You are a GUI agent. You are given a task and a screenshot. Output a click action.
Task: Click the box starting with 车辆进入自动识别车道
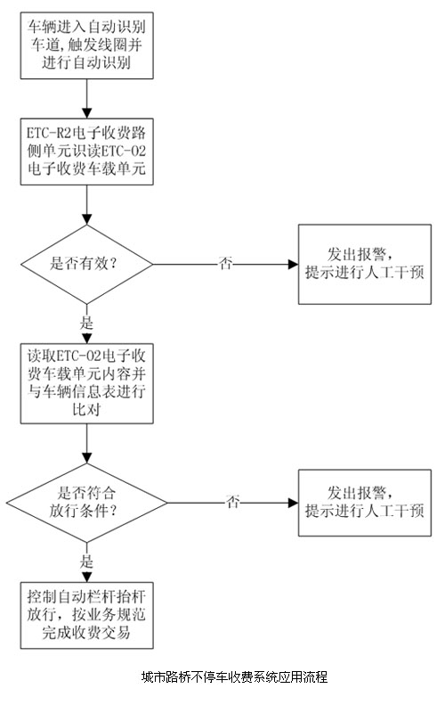point(86,45)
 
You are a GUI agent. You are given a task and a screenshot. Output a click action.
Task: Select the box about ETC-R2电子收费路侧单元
point(86,152)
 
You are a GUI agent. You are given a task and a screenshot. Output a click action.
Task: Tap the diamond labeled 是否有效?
point(86,265)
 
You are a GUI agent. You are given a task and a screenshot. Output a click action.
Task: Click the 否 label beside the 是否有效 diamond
point(225,264)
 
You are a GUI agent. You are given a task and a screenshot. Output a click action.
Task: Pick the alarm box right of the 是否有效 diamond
point(365,265)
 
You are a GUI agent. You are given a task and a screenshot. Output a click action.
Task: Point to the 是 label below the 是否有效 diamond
point(86,323)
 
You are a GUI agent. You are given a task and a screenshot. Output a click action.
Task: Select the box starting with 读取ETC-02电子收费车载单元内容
point(86,383)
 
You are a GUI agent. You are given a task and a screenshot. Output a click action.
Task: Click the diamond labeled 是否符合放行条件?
point(86,503)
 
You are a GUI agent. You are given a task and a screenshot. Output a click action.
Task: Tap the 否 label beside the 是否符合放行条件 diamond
point(232,502)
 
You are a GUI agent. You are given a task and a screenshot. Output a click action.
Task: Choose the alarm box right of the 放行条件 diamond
point(365,503)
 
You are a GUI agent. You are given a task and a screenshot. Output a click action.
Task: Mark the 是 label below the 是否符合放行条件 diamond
point(86,562)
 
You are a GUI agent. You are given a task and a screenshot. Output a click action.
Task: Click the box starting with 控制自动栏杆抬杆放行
point(86,615)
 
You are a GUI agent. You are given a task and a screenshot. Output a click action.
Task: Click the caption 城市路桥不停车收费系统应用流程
point(234,676)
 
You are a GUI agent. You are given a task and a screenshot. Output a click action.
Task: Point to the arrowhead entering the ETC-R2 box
point(86,113)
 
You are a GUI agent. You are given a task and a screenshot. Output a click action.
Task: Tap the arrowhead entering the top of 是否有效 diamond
point(86,219)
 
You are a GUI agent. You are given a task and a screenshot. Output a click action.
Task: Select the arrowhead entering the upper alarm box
point(293,265)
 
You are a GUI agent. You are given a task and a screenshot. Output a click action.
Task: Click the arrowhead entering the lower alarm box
point(293,503)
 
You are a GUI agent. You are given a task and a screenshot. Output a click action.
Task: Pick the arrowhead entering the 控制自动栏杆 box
point(86,578)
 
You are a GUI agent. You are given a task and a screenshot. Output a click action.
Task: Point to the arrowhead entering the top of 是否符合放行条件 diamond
point(86,458)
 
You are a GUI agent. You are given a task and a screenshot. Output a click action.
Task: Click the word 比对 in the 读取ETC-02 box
point(86,410)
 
